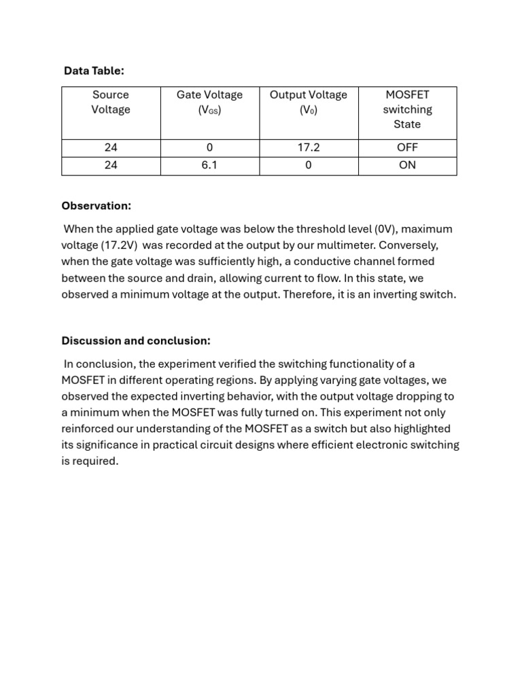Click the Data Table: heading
click(94, 71)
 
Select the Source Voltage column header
click(111, 102)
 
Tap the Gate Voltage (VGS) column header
click(209, 102)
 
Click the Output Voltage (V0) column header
click(309, 102)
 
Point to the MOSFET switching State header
click(407, 109)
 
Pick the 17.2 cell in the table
click(309, 147)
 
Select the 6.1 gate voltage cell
click(209, 165)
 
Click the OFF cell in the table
click(407, 147)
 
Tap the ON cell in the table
click(407, 165)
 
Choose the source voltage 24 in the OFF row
click(111, 147)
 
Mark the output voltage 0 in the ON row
click(309, 165)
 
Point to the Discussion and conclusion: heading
click(136, 341)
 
